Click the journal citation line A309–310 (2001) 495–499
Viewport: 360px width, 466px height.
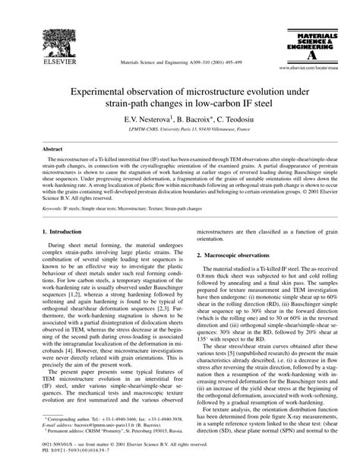pyautogui.click(x=179, y=64)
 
